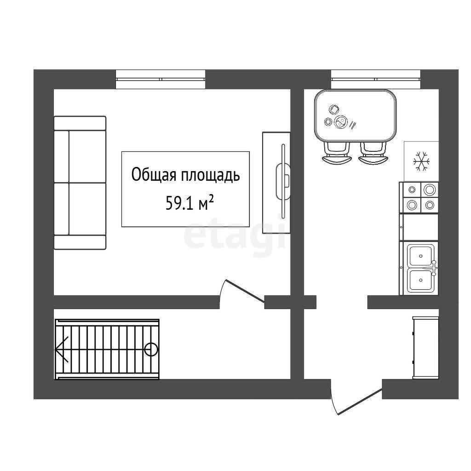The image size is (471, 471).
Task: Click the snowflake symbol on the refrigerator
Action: point(421,161)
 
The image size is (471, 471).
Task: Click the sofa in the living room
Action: point(80,183)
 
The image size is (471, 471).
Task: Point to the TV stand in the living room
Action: point(276,183)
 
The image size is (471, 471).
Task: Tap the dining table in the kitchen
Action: point(356,115)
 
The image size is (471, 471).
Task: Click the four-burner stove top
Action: point(419,197)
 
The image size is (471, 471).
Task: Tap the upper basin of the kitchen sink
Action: point(420,256)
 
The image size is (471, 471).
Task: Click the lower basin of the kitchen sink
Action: point(420,280)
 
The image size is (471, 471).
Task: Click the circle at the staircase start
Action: point(151,350)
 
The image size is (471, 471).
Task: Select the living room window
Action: point(161,79)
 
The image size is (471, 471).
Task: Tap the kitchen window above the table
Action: point(376,79)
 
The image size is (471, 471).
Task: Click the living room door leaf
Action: point(245,291)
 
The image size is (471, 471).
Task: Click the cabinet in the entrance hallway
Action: point(425,348)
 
